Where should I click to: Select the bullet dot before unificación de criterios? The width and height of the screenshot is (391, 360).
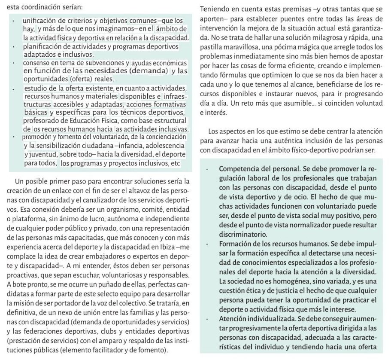[x=13, y=21]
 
